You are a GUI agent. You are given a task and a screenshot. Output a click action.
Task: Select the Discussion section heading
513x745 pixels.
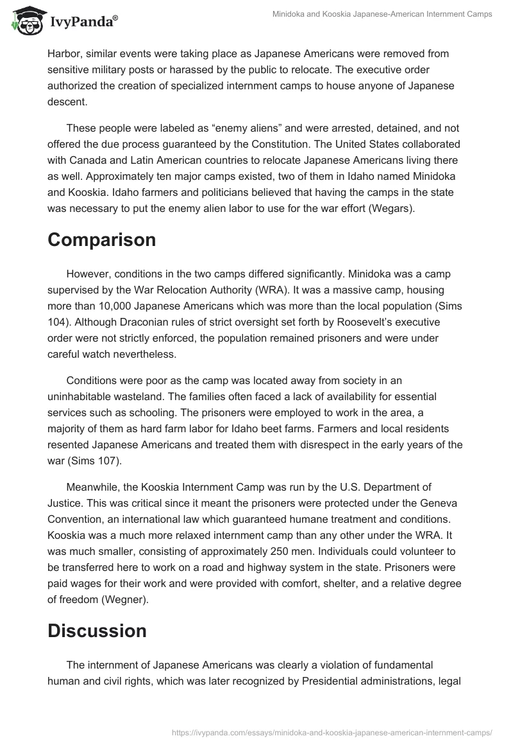[x=97, y=631]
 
